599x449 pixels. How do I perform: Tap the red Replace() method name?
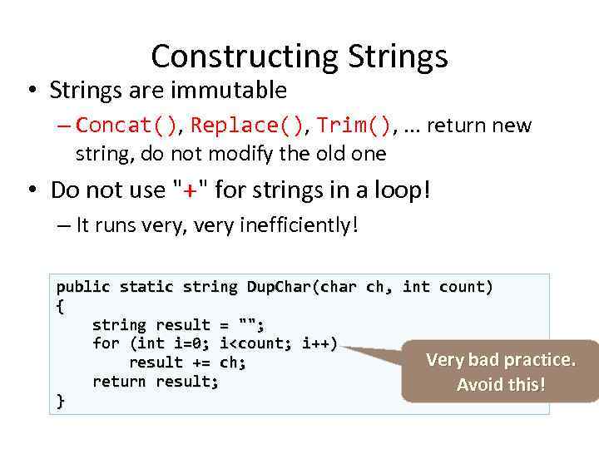coord(247,126)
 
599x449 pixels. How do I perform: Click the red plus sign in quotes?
coord(193,190)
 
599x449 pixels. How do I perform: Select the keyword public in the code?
coord(83,287)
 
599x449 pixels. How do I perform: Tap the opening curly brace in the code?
coord(60,306)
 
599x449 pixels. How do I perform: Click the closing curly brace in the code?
coord(60,401)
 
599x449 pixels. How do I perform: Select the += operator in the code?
coord(201,363)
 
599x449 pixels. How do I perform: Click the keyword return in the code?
coord(120,382)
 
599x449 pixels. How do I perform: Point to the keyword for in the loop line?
coord(106,343)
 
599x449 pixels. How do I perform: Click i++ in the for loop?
coord(319,343)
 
